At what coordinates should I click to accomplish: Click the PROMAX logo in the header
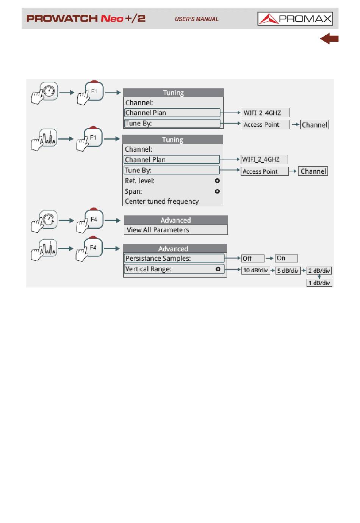(295, 19)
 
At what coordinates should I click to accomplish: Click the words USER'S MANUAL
(197, 19)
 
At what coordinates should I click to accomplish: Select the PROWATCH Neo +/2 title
(86, 19)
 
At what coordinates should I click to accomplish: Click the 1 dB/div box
(319, 283)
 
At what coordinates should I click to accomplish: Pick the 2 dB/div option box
(319, 271)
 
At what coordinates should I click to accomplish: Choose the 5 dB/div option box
(288, 271)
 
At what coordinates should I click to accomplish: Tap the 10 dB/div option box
(255, 270)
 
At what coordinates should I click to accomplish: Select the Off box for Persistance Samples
(252, 259)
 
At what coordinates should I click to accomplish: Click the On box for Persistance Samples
(286, 258)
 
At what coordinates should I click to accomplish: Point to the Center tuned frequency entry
(162, 201)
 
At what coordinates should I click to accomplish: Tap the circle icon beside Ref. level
(217, 181)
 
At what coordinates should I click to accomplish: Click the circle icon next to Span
(217, 192)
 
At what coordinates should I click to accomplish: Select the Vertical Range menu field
(174, 269)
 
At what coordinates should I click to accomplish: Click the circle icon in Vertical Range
(218, 269)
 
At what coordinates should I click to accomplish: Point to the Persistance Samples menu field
(174, 258)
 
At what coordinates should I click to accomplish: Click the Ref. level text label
(139, 181)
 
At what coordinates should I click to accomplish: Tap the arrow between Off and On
(269, 258)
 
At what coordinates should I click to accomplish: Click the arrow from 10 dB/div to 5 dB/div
(272, 270)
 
